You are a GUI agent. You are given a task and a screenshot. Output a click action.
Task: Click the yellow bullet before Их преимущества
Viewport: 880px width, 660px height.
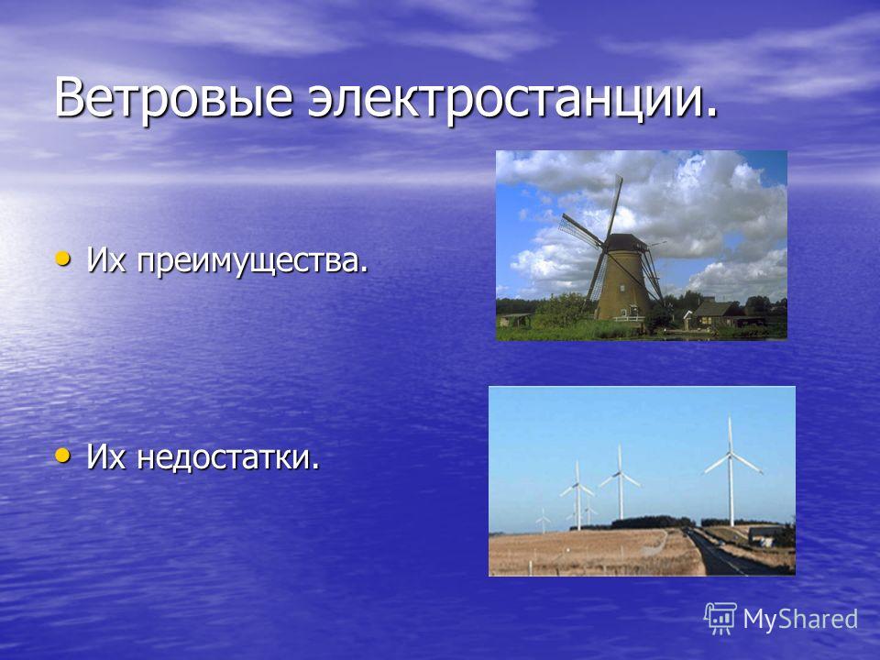tap(63, 258)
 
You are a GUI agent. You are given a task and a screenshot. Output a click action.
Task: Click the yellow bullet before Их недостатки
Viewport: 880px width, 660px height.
tap(63, 456)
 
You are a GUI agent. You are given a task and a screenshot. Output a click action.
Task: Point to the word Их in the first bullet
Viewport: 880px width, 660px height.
tap(106, 260)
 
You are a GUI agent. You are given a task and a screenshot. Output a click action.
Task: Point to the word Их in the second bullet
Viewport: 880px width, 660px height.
tap(106, 456)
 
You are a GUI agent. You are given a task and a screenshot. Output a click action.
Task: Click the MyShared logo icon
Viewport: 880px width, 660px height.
tap(720, 619)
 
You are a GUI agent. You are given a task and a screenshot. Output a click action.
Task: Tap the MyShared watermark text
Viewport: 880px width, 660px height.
tap(800, 619)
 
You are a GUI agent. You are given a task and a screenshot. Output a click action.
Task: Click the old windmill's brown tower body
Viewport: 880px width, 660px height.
tap(622, 284)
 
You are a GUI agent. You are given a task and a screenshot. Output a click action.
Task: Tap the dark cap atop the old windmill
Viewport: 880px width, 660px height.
tap(626, 242)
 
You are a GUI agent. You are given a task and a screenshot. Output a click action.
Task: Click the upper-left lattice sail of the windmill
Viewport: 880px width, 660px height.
tap(581, 230)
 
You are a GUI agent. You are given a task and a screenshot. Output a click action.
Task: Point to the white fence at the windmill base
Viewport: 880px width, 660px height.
tap(629, 318)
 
